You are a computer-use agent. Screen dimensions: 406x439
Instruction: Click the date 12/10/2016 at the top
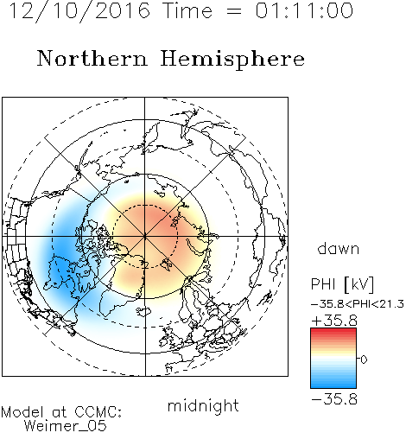pyautogui.click(x=79, y=11)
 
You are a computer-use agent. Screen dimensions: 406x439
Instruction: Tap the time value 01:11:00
pyautogui.click(x=304, y=10)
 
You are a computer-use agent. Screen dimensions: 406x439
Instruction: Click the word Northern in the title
pyautogui.click(x=92, y=58)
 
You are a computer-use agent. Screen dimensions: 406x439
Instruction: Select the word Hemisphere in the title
pyautogui.click(x=232, y=60)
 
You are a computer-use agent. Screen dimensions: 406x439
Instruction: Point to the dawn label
pyautogui.click(x=339, y=249)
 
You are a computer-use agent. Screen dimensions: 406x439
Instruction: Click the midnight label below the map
pyautogui.click(x=203, y=405)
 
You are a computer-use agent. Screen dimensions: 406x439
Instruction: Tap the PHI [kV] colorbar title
pyautogui.click(x=343, y=284)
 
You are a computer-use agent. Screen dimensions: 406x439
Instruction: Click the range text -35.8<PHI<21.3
pyautogui.click(x=358, y=304)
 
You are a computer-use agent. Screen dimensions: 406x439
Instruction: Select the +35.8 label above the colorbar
pyautogui.click(x=334, y=321)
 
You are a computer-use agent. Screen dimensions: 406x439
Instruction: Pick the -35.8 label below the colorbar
pyautogui.click(x=334, y=399)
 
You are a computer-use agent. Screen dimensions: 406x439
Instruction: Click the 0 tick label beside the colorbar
pyautogui.click(x=364, y=359)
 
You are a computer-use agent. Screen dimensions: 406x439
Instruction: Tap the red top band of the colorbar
pyautogui.click(x=333, y=331)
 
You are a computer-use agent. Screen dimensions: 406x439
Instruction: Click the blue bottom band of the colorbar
pyautogui.click(x=333, y=385)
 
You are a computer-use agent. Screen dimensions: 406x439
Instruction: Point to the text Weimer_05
pyautogui.click(x=66, y=425)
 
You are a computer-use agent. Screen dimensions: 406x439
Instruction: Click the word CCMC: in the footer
pyautogui.click(x=98, y=412)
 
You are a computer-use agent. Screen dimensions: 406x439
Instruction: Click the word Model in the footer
pyautogui.click(x=23, y=412)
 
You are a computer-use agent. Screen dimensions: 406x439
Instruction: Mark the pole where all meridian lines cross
pyautogui.click(x=145, y=236)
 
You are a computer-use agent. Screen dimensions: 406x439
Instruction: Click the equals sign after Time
pyautogui.click(x=234, y=11)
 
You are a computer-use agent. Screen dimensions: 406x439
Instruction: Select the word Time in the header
pyautogui.click(x=187, y=10)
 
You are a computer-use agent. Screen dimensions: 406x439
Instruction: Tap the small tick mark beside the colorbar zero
pyautogui.click(x=358, y=359)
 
